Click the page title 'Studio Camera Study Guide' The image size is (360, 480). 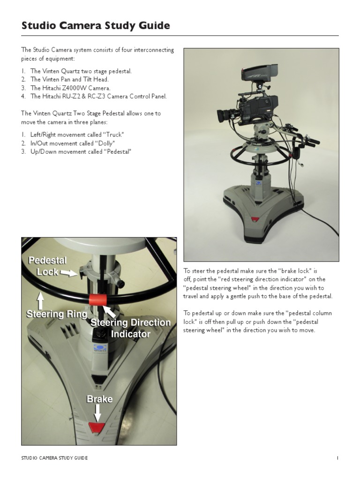tap(96, 26)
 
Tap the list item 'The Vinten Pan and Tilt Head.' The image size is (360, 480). tap(69, 80)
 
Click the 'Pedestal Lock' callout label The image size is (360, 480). tap(47, 266)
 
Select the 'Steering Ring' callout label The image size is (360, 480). tap(56, 314)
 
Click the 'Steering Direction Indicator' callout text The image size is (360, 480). tap(130, 328)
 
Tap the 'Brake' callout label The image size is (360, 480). tap(99, 399)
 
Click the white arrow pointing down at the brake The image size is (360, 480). tap(98, 412)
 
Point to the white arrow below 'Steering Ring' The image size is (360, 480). tap(41, 299)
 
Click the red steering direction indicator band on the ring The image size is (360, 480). tap(99, 300)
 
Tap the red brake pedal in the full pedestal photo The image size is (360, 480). tap(255, 219)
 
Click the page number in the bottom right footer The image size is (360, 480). tap(337, 458)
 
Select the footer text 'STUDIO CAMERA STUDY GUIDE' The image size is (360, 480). tap(54, 458)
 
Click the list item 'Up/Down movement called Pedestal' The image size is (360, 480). tap(76, 152)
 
